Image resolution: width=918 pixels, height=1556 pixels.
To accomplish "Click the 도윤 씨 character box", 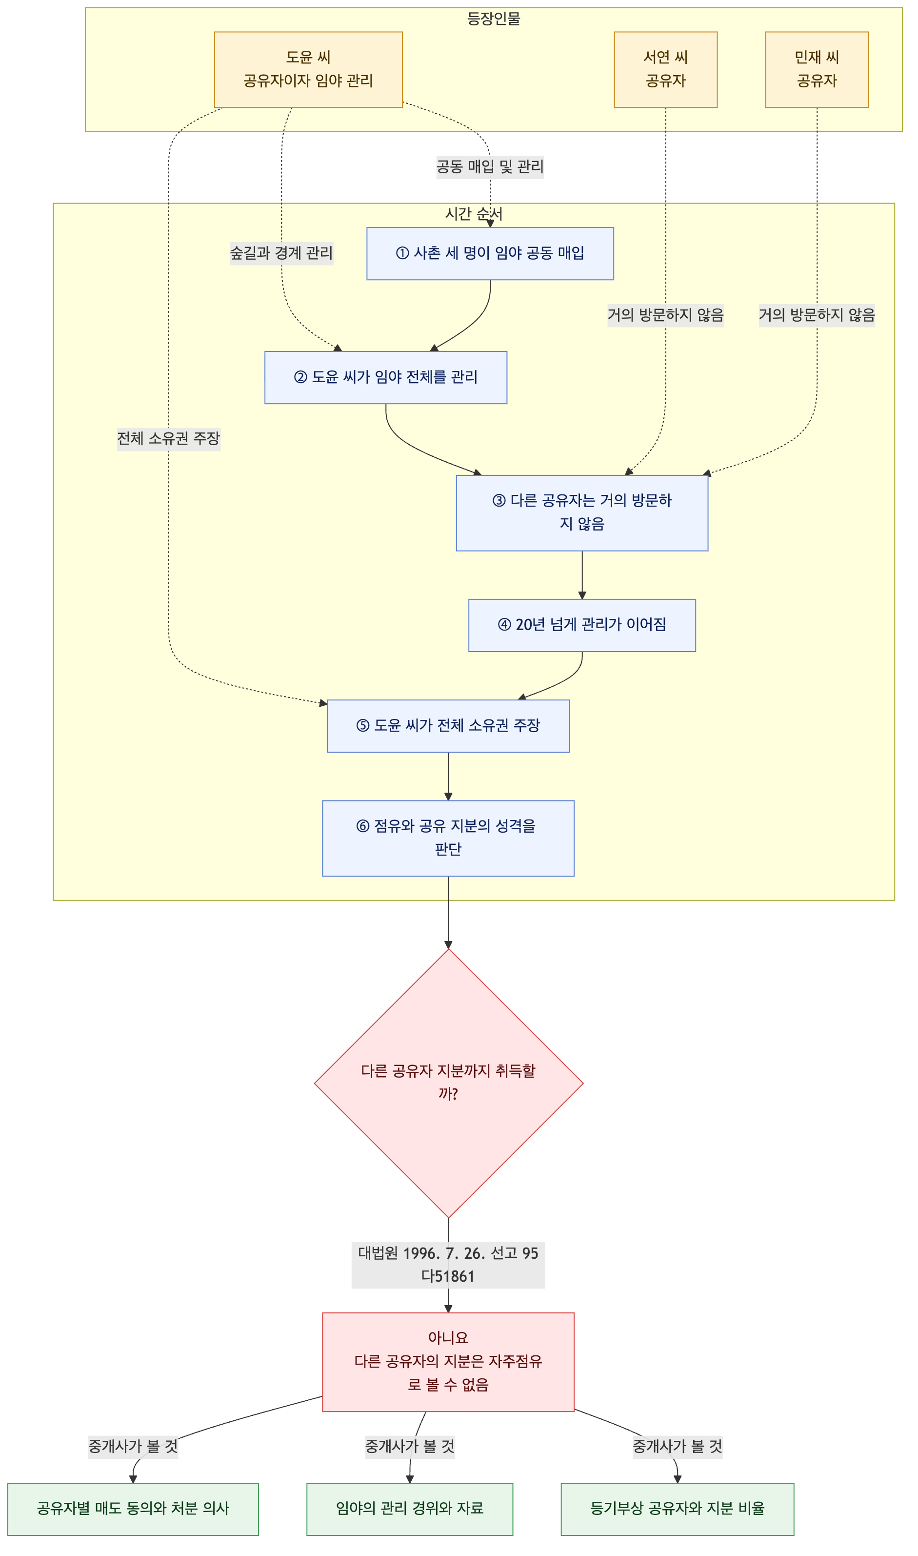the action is coord(308,69).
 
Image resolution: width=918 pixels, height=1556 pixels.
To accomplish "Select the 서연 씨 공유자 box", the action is coord(666,69).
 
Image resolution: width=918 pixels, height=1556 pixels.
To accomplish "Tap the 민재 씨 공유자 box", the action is coord(817,69).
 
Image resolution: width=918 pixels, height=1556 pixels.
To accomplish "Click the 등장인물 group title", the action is coord(494,19).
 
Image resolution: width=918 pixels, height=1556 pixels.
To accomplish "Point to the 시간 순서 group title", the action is coord(474,214).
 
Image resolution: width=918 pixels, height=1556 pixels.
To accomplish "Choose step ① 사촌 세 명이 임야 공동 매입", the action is coord(490,253).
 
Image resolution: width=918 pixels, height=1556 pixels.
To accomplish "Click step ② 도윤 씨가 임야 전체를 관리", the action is coord(385,378).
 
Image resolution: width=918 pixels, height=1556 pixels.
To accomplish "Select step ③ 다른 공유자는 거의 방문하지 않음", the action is coord(581,512).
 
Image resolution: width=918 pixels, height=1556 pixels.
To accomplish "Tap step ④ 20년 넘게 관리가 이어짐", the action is coord(581,625).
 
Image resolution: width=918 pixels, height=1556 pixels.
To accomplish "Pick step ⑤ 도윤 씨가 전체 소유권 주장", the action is coord(448,726).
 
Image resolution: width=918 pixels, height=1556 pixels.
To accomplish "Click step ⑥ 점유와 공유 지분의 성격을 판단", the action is coord(448,838).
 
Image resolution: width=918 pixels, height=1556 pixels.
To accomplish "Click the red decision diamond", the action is coord(448,1084).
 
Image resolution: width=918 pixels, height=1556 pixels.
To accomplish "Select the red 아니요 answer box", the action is coord(448,1362).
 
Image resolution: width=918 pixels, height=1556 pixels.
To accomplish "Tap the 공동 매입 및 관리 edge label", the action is coord(490,167).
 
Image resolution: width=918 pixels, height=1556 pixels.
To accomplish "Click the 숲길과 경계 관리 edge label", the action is coord(281,253).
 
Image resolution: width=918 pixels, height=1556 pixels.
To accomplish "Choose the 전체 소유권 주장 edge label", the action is coord(169,439).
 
